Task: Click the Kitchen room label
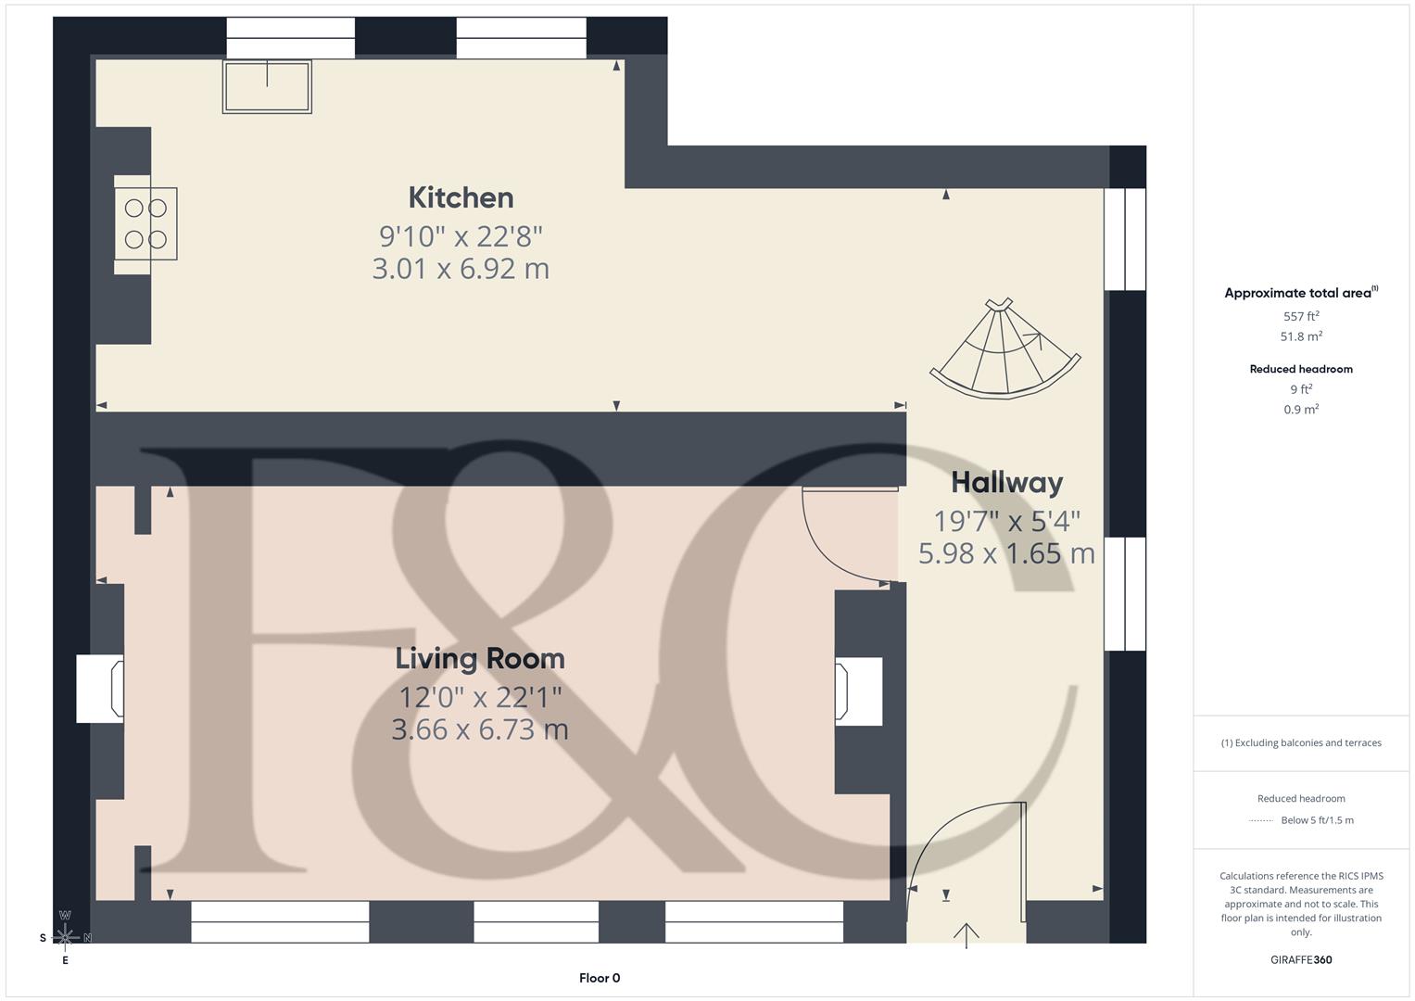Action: [x=461, y=197]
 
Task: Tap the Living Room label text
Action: [x=479, y=658]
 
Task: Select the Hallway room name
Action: [x=1006, y=482]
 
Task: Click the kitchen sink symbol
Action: [x=267, y=86]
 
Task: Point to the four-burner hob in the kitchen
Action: [x=146, y=224]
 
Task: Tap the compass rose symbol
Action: [x=65, y=937]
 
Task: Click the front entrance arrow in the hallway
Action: [x=966, y=934]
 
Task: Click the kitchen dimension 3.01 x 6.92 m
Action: [x=461, y=269]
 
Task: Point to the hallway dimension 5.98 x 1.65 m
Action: [x=1006, y=553]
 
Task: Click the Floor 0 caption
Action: [x=600, y=978]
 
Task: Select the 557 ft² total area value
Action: [x=1301, y=316]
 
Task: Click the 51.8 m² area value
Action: [x=1301, y=336]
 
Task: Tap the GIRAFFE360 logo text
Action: [x=1301, y=959]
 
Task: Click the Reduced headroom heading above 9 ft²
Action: [x=1301, y=369]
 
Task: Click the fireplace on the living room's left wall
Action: [x=100, y=689]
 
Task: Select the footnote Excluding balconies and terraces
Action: [x=1301, y=742]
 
